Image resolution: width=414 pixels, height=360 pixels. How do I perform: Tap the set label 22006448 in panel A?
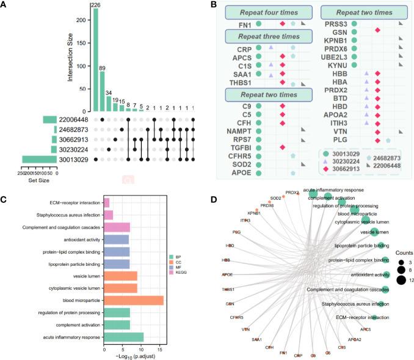(73, 119)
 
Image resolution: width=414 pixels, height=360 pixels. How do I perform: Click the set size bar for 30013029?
(40, 160)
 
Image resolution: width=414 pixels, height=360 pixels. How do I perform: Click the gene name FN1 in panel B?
(245, 24)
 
